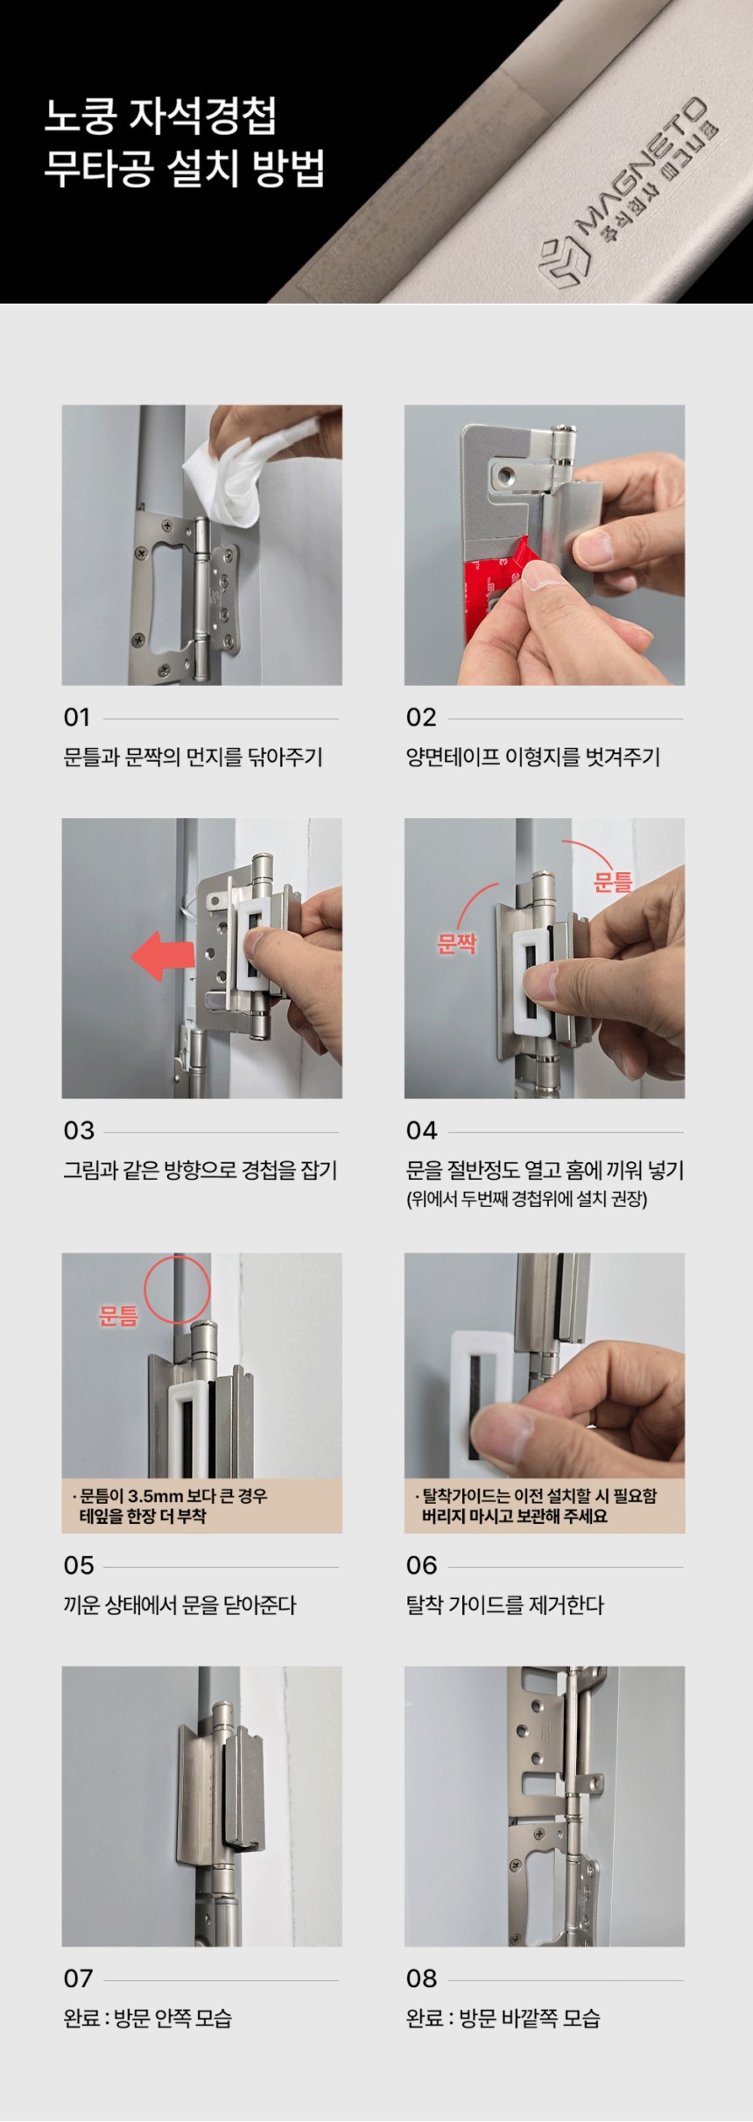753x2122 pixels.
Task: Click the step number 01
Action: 77,718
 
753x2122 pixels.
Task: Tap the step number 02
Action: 421,718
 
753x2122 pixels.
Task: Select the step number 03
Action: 79,1131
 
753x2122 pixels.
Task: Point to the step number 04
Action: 422,1131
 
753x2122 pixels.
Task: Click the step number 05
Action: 79,1565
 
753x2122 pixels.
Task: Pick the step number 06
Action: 422,1565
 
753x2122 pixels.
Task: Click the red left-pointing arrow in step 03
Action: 163,956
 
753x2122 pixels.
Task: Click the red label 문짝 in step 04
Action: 456,943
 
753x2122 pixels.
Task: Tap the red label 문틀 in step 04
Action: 613,881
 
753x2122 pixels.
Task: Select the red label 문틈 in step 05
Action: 118,1315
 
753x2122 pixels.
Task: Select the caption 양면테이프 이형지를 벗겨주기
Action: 533,757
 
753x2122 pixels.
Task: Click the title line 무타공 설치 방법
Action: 185,168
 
